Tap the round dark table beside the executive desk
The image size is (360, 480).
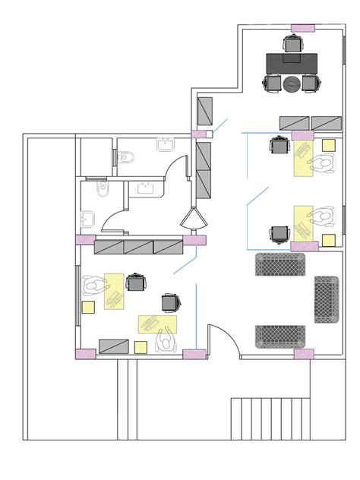pos(292,84)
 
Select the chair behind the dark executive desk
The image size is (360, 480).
pos(292,43)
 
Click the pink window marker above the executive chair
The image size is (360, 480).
pos(302,28)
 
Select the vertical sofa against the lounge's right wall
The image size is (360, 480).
pos(327,299)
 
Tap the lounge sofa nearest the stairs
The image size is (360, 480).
pos(280,336)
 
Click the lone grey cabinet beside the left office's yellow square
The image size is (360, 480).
pos(113,346)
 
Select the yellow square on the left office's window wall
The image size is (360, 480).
pos(88,308)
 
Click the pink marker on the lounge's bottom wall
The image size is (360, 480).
pos(304,353)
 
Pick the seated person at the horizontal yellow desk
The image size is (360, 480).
pos(164,341)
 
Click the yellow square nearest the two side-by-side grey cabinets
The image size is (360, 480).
pos(328,144)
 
